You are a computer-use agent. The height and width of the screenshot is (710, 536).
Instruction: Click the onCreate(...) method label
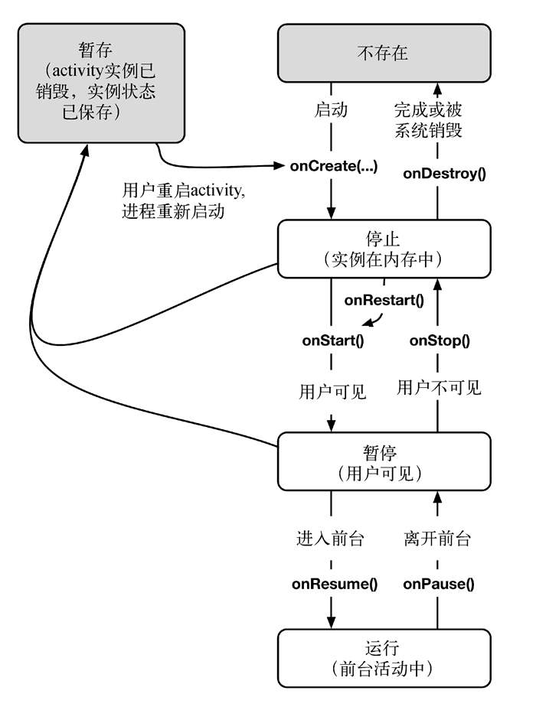pos(333,166)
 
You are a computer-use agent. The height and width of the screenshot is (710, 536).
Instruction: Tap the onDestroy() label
pos(444,173)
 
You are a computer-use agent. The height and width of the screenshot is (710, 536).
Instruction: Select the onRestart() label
pos(384,300)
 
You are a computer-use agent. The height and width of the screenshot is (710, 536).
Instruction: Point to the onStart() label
pos(332,340)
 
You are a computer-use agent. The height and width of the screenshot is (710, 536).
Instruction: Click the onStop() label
pos(440,340)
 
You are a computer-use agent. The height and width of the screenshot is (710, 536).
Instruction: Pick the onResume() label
pos(335,584)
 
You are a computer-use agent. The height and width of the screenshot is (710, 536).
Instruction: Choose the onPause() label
pos(439,584)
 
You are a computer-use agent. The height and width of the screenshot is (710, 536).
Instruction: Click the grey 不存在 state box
pos(383,53)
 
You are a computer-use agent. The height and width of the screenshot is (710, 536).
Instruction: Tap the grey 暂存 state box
pos(101,83)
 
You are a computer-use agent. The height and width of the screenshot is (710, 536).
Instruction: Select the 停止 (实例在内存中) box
pos(383,249)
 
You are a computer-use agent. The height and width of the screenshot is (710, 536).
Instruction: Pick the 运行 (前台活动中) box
pos(383,658)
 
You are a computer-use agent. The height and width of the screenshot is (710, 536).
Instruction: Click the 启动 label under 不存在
pos(332,109)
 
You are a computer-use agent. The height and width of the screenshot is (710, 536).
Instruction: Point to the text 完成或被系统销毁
pos(428,119)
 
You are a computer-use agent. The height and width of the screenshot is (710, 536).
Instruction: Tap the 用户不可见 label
pos(439,387)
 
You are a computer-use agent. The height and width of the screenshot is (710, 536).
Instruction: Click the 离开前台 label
pos(437,539)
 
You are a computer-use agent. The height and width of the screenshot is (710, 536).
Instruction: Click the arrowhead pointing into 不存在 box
pos(437,89)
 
